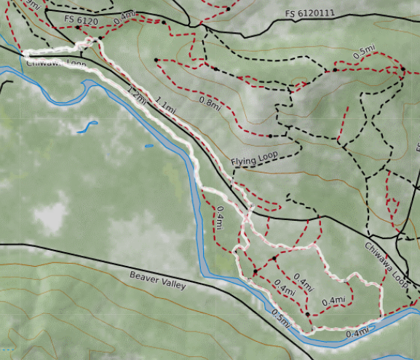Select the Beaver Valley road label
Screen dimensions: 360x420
(158, 281)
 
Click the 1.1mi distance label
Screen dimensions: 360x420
(165, 107)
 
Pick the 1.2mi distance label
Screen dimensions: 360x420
(136, 94)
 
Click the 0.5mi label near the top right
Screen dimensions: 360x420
(364, 52)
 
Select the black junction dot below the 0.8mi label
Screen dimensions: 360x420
(269, 136)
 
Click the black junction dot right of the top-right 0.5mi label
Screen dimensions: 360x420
(402, 69)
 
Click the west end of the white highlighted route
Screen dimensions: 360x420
(26, 54)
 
